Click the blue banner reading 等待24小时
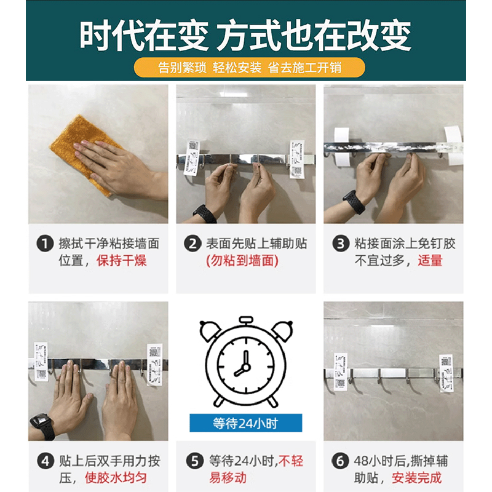245,423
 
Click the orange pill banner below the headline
245,67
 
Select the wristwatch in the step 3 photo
353,202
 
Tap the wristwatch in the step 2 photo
204,213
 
